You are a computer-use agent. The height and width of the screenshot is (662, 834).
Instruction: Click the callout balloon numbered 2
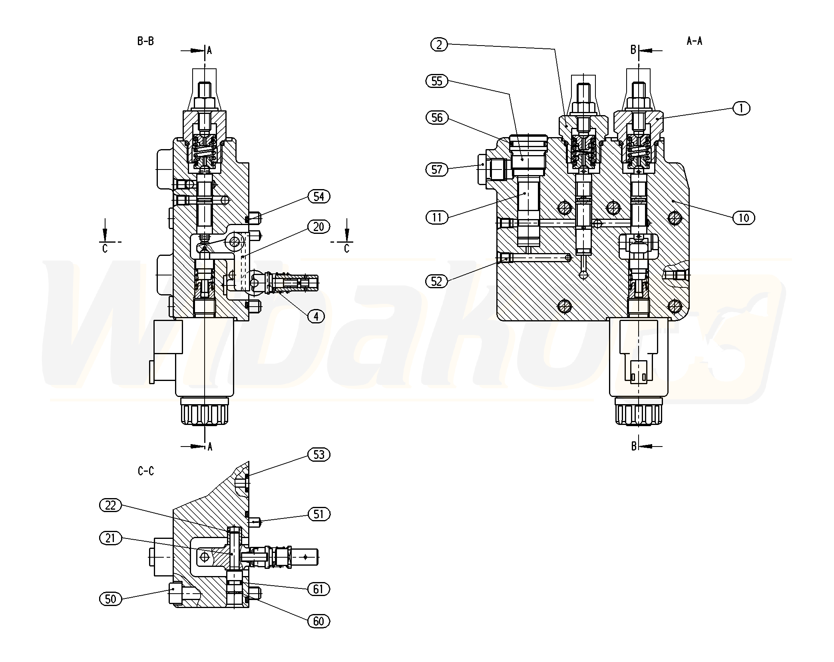click(x=439, y=45)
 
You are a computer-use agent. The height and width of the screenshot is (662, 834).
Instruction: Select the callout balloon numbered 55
click(x=437, y=81)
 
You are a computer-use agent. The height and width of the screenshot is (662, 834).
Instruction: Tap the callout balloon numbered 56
click(x=437, y=118)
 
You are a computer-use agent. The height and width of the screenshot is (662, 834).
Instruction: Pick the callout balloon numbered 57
click(x=437, y=169)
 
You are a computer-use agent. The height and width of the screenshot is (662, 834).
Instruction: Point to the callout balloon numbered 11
click(x=437, y=217)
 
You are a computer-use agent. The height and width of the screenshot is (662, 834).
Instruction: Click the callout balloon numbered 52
click(x=437, y=281)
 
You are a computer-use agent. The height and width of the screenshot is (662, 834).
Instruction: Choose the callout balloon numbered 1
click(x=741, y=108)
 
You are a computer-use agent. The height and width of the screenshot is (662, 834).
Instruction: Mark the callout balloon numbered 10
click(x=743, y=218)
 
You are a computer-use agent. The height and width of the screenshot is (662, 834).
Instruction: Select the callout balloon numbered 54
click(x=318, y=196)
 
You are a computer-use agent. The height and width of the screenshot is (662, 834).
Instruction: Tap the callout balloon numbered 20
click(x=318, y=227)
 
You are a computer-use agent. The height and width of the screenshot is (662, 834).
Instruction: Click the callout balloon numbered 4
click(x=316, y=316)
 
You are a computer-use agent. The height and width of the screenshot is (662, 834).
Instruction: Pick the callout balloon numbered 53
click(x=318, y=455)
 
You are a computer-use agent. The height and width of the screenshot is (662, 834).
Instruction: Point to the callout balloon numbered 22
click(x=110, y=505)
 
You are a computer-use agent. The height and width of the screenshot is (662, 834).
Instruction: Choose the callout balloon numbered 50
click(x=110, y=599)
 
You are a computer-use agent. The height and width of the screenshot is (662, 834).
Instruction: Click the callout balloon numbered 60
click(x=318, y=621)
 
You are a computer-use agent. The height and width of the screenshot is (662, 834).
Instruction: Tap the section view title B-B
click(x=145, y=41)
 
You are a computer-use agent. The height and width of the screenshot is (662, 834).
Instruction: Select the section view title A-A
click(x=695, y=41)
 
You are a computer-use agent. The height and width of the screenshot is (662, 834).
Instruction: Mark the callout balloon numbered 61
click(x=318, y=589)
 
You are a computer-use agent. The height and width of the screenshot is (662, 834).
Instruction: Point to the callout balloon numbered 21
click(x=110, y=538)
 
